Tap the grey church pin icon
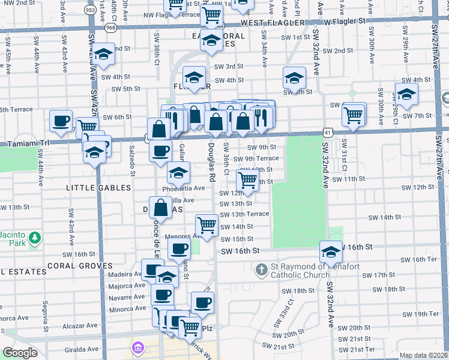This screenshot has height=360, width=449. pyautogui.click(x=261, y=270)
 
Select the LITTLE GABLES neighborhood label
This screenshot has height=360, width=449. pyautogui.click(x=98, y=188)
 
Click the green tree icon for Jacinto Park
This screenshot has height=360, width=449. pyautogui.click(x=35, y=238)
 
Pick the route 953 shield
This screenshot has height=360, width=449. pyautogui.click(x=90, y=10)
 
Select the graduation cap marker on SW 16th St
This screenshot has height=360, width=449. pyautogui.click(x=330, y=250)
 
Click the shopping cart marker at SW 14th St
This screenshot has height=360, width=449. pyautogui.click(x=206, y=225)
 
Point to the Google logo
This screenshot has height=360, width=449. pyautogui.click(x=20, y=353)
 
